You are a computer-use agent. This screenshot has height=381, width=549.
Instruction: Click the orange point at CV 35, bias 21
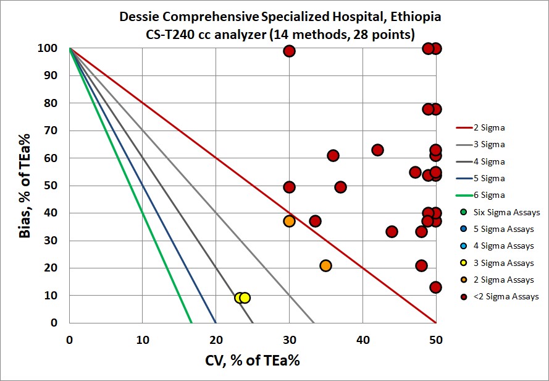point(325,265)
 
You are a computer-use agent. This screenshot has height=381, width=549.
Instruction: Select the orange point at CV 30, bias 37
point(289,221)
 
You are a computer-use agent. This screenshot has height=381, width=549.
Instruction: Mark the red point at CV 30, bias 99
point(289,51)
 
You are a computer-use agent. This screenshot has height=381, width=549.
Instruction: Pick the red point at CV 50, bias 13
point(435,287)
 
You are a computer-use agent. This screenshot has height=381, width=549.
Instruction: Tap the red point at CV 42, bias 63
point(377,150)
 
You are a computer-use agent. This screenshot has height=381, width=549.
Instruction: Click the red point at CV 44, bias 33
point(392,231)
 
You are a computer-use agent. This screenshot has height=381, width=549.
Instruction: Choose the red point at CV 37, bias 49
point(340,187)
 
